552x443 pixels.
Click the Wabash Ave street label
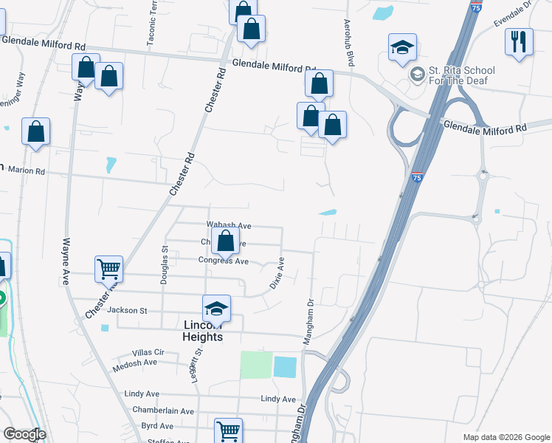pos(230,225)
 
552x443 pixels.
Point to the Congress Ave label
pos(224,261)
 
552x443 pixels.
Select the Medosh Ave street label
pos(135,363)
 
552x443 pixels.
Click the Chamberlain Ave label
pos(163,411)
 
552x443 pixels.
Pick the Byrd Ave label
pos(156,426)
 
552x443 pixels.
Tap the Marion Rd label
pos(27,171)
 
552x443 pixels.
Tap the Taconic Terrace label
pos(153,26)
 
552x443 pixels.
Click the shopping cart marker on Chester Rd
pos(108,269)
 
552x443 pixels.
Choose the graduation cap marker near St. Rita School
pos(403,47)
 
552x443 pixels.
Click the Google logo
pos(24,434)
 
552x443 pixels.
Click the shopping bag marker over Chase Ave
pos(225,240)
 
